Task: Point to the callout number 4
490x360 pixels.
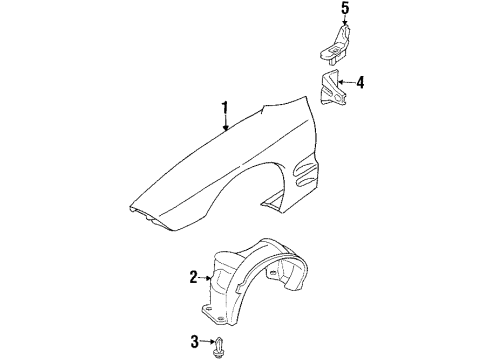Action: [362, 82]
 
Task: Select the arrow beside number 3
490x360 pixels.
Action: [207, 343]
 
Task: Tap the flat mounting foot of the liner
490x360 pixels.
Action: [216, 312]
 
